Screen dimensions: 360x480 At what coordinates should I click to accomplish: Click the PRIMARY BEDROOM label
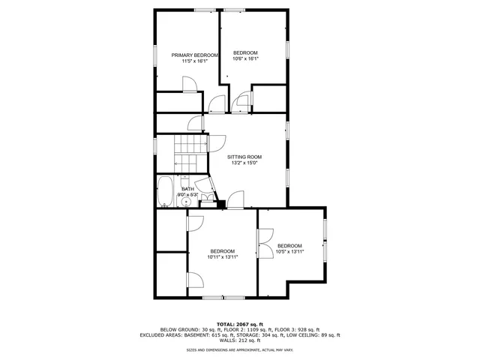(194, 55)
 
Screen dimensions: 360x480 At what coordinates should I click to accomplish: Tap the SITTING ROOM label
(244, 157)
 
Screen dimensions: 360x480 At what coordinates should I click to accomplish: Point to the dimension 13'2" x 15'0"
(244, 163)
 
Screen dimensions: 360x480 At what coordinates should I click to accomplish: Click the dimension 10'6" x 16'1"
(245, 58)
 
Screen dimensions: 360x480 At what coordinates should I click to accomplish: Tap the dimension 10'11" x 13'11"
(222, 257)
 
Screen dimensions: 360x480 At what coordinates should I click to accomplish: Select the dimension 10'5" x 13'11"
(289, 252)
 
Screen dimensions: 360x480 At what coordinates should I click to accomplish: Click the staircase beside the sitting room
(190, 153)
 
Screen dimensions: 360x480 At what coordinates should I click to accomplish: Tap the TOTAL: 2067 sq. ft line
(240, 323)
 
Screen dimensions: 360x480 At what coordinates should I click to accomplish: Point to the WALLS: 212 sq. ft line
(240, 341)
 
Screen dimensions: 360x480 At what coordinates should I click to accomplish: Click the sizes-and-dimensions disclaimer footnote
(240, 349)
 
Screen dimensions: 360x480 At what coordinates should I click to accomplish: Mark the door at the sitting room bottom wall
(235, 199)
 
